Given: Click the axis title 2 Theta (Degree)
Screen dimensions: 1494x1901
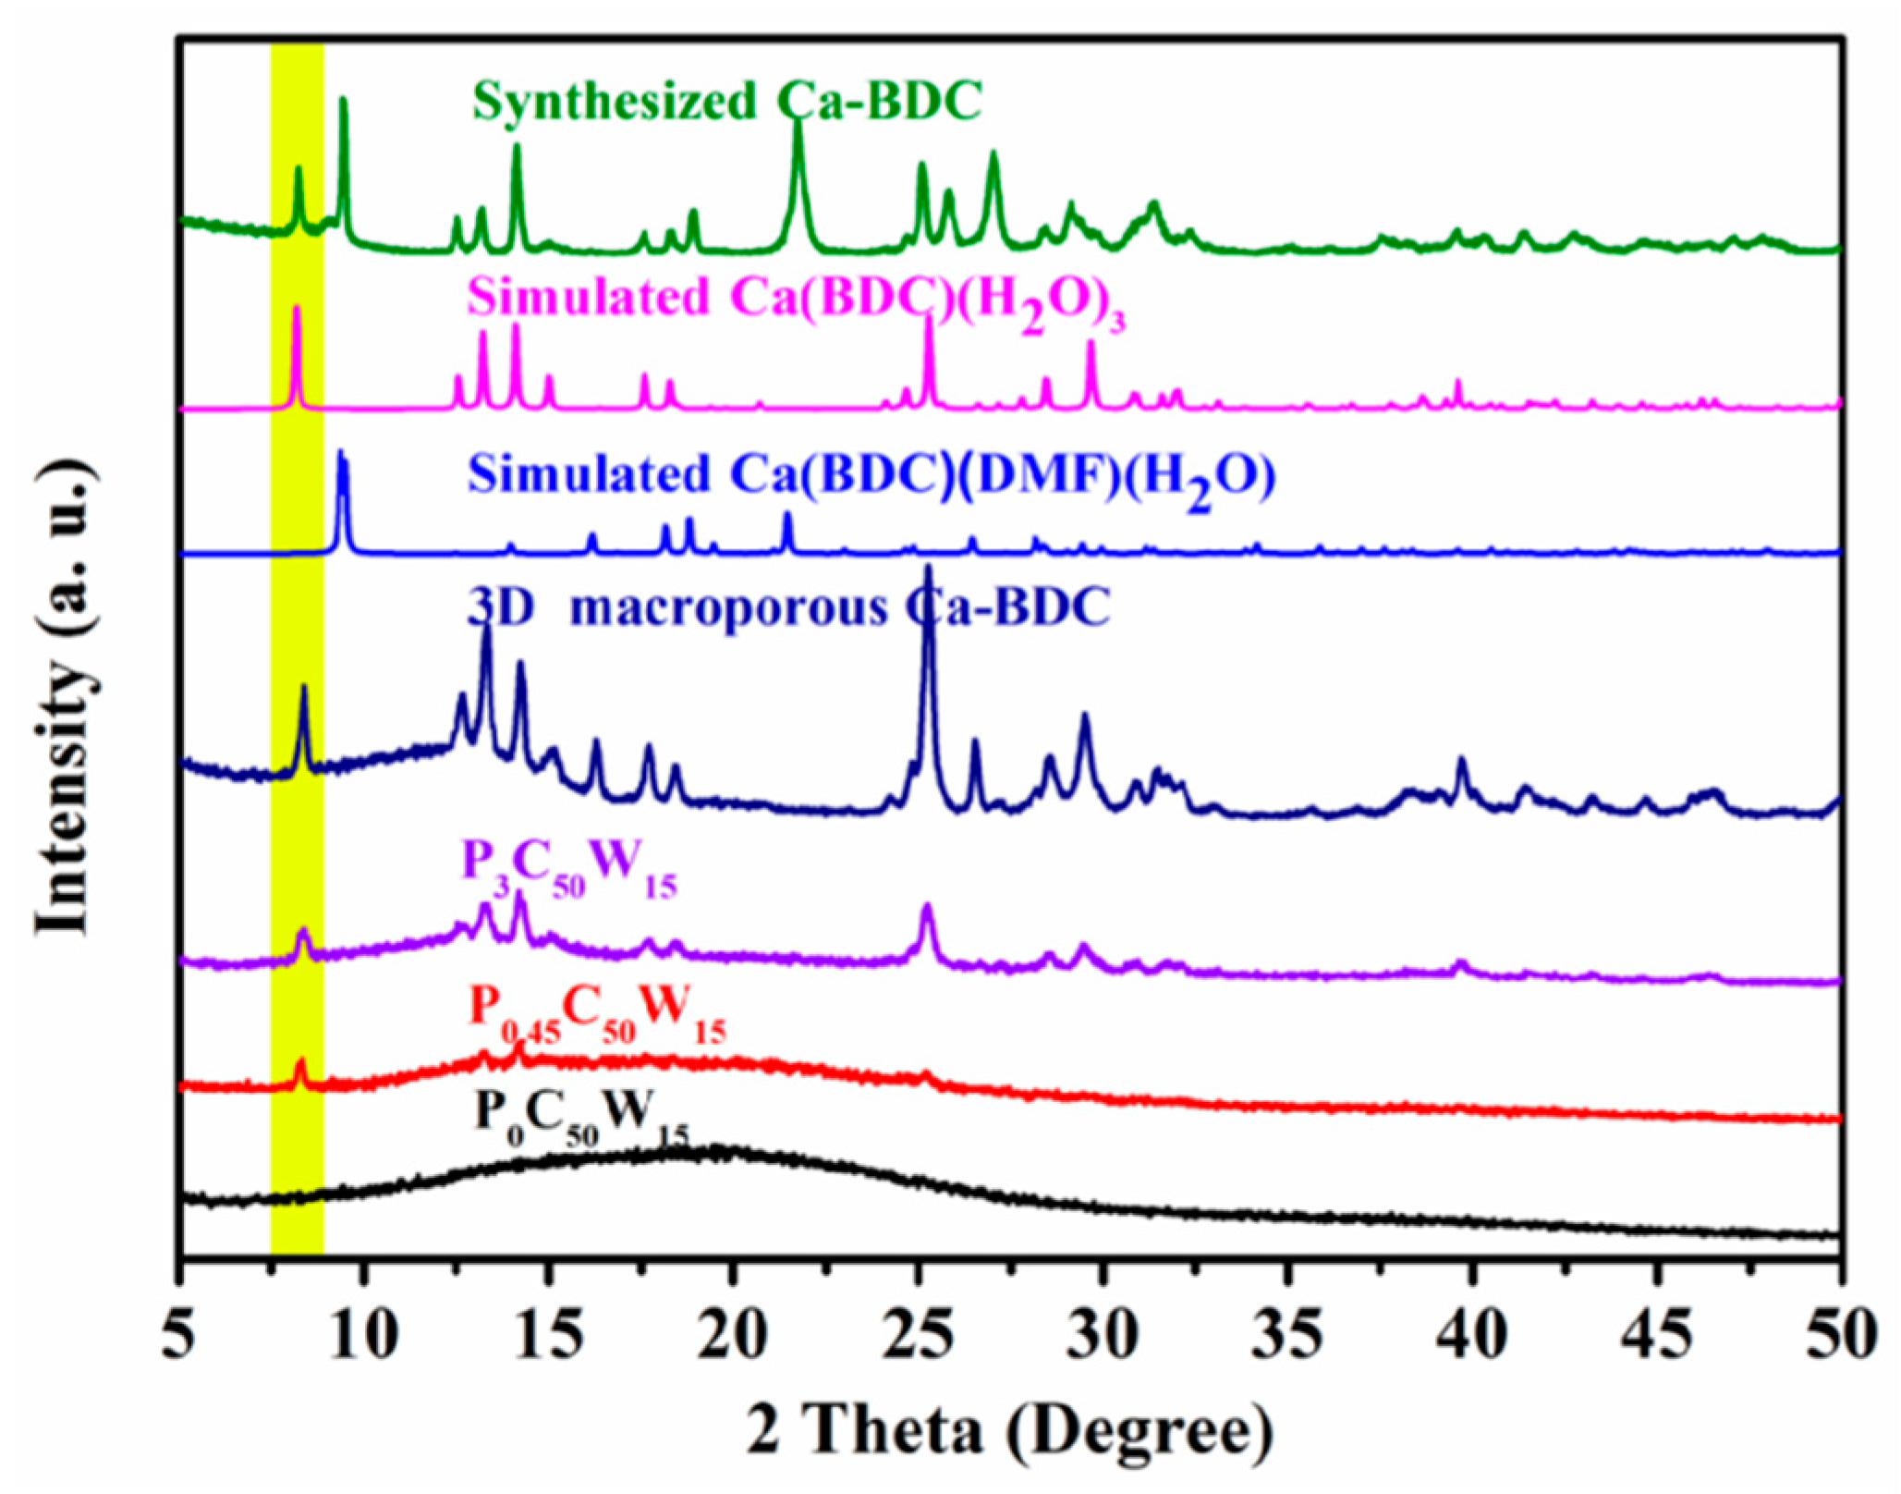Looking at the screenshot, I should coord(1010,1433).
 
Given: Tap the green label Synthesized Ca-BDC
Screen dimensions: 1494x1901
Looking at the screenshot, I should coord(726,101).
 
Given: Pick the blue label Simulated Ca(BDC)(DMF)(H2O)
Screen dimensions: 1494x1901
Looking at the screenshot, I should coord(871,476).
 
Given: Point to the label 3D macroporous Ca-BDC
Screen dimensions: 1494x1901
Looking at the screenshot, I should coord(788,609).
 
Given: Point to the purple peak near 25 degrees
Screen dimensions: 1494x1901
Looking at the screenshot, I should coord(927,908).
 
